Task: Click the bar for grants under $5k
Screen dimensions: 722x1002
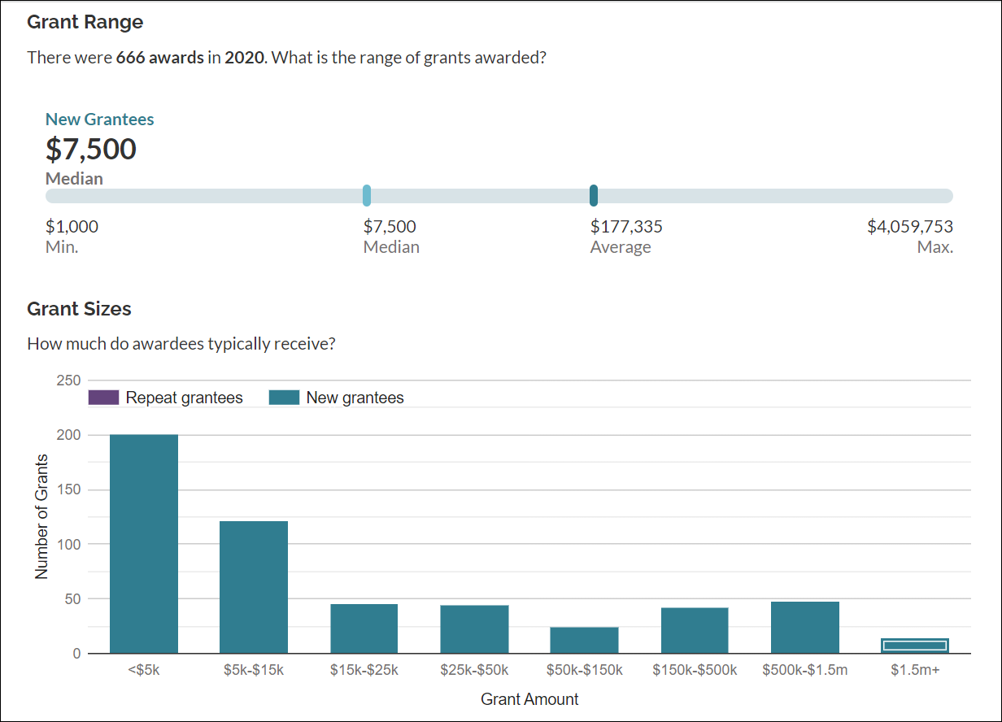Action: click(x=144, y=543)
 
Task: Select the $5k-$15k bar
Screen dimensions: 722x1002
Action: click(x=254, y=587)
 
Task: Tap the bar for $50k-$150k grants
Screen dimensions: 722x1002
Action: click(x=584, y=640)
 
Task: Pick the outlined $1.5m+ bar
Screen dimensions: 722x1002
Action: click(x=915, y=646)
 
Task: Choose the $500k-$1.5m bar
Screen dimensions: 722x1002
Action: click(x=804, y=627)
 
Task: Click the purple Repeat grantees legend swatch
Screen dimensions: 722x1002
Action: click(x=103, y=398)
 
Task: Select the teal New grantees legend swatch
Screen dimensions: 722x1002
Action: click(x=284, y=398)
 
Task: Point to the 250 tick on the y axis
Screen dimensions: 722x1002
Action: click(x=69, y=381)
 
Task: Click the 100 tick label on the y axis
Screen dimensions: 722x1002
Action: click(x=69, y=544)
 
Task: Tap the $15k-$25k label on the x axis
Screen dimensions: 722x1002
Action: click(x=364, y=670)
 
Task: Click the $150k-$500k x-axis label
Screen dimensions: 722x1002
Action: click(x=695, y=670)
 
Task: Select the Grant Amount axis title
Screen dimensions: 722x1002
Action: click(x=529, y=699)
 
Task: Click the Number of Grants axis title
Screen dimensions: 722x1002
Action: click(x=41, y=516)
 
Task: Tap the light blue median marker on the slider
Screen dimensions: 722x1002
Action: click(x=367, y=195)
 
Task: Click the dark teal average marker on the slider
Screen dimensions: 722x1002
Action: click(x=594, y=195)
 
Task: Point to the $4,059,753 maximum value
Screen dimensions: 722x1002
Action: click(x=909, y=227)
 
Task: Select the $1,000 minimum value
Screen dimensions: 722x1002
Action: click(x=72, y=227)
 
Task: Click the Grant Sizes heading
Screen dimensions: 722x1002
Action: click(x=79, y=309)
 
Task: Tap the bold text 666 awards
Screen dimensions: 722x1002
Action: click(x=160, y=58)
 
